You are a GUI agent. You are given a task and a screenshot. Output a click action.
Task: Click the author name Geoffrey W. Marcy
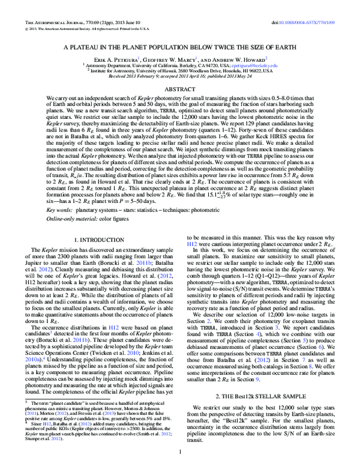point(171,59)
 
